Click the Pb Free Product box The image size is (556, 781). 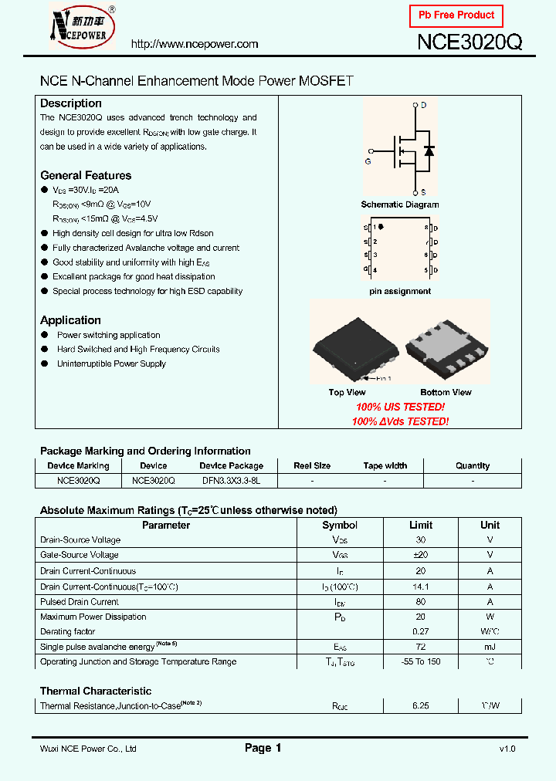[x=456, y=15]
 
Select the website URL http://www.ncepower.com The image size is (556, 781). [x=195, y=44]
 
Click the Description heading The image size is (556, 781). [x=71, y=103]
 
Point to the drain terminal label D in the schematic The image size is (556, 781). [x=423, y=104]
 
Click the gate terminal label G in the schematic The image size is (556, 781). [x=368, y=162]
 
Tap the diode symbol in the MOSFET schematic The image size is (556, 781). [x=429, y=150]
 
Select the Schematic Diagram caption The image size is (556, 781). [x=400, y=205]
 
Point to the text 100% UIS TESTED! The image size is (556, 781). [x=400, y=407]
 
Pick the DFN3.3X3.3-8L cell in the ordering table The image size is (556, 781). [x=232, y=480]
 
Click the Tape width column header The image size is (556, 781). [x=385, y=466]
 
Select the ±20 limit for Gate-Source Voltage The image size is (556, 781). [x=420, y=555]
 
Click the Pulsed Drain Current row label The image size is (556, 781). [x=80, y=602]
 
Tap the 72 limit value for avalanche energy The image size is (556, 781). [x=420, y=647]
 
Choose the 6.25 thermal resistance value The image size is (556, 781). [x=420, y=706]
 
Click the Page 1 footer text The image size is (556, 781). [x=263, y=748]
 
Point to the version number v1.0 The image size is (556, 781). [x=507, y=749]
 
